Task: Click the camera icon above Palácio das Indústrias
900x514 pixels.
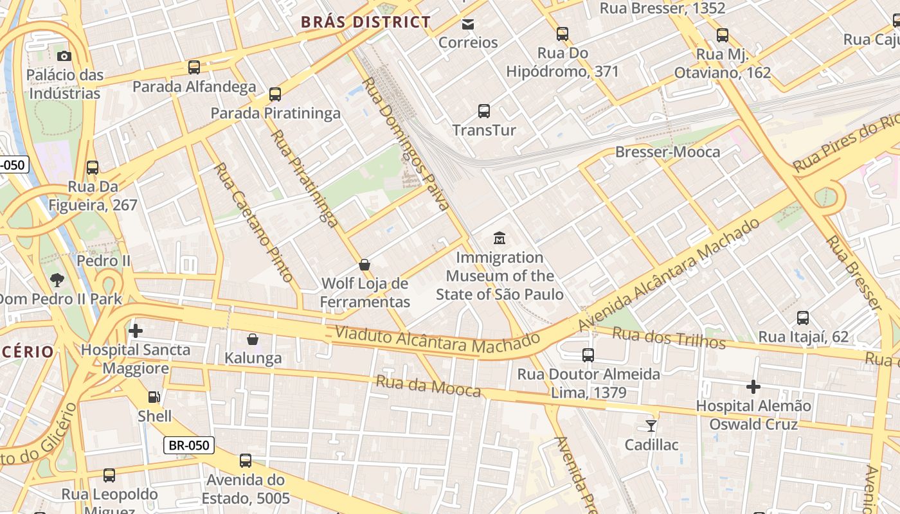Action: tap(64, 56)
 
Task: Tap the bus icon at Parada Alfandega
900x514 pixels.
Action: tap(194, 67)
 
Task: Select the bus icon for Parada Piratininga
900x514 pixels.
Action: tap(275, 94)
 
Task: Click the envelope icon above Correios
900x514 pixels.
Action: tap(468, 24)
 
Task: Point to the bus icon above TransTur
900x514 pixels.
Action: tap(484, 111)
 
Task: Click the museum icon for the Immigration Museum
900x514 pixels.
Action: tap(500, 238)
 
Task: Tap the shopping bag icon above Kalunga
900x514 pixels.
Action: tap(253, 339)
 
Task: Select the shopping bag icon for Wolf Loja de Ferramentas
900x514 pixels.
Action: tap(364, 264)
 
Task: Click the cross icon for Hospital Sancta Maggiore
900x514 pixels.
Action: tap(136, 331)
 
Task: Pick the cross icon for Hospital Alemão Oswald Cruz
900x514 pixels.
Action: tap(753, 387)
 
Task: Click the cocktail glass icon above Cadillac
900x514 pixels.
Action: tap(651, 425)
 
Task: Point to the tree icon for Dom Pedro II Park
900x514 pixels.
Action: tap(57, 279)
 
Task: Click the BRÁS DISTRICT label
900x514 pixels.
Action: tap(366, 22)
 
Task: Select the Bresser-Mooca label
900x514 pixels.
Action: tap(667, 152)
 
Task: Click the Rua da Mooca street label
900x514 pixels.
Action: tap(428, 386)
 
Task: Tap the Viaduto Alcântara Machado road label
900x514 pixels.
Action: tap(437, 340)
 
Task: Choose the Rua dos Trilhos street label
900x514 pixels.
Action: tap(669, 337)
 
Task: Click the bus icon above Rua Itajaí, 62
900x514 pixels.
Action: tap(803, 317)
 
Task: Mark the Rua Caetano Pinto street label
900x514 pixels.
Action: tap(253, 222)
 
